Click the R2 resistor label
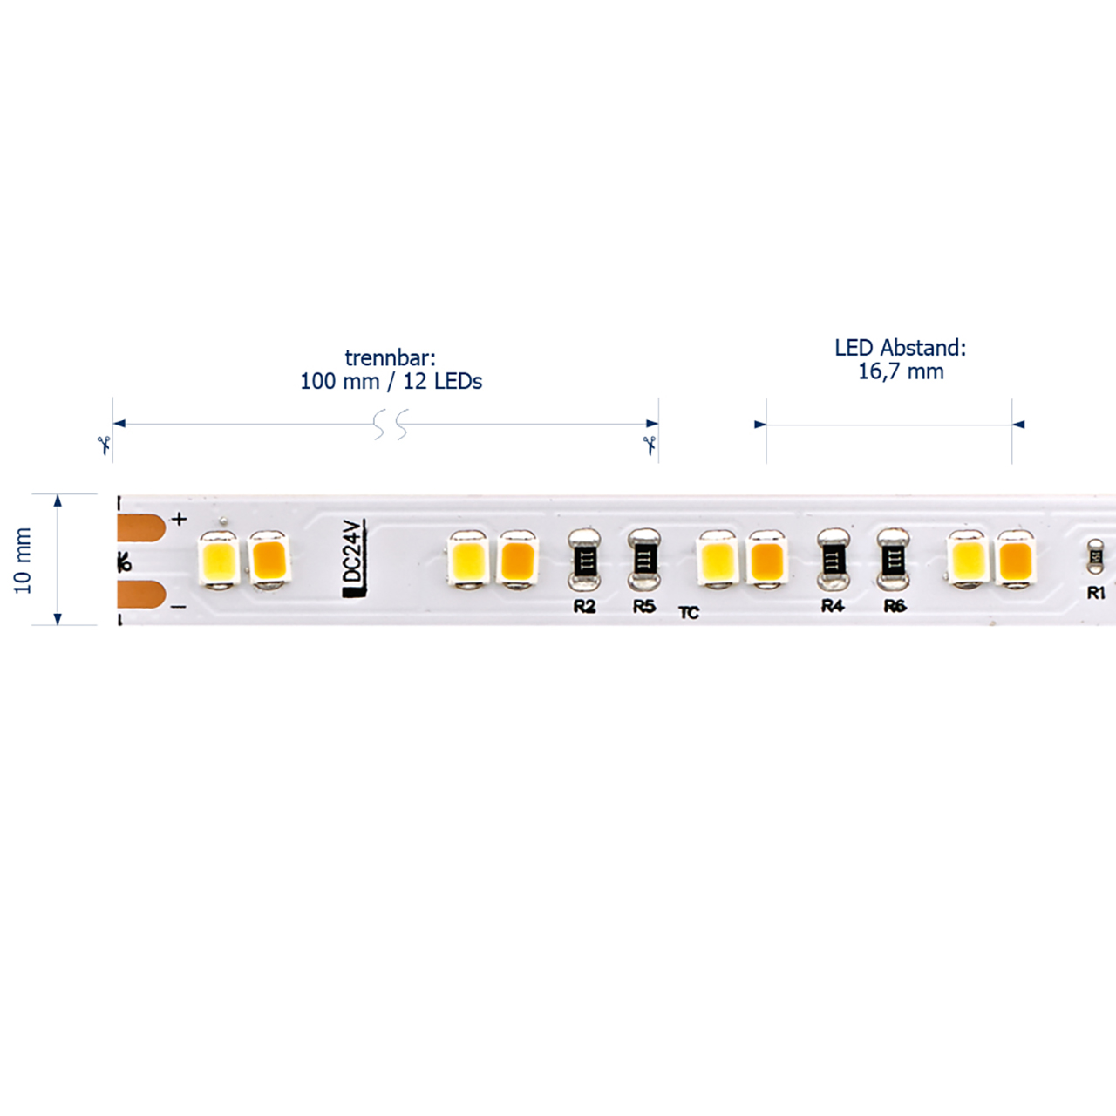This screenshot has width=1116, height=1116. coord(584,606)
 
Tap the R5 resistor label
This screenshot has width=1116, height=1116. coord(644,606)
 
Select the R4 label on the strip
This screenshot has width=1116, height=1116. coord(833,606)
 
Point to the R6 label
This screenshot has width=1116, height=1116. coord(895,606)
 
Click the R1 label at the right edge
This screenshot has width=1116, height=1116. coord(1096,593)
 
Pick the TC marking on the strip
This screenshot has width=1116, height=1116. coord(689,613)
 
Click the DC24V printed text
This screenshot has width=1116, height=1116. coord(353,558)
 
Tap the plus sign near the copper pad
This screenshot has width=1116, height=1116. coord(180,519)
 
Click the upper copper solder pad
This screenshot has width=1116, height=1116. coord(141,527)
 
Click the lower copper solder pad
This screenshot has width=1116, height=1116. coord(141,595)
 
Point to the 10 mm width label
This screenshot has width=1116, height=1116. coord(24,560)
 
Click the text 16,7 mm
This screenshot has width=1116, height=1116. coord(901,371)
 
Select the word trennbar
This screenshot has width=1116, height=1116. coord(390,358)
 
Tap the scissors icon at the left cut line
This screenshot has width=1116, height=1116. coord(105,446)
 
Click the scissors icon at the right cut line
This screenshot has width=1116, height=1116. coord(650,446)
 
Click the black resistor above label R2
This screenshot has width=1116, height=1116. coord(584,560)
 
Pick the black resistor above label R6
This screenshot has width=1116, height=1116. coord(894,560)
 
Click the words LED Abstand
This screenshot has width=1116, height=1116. coord(901,348)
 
